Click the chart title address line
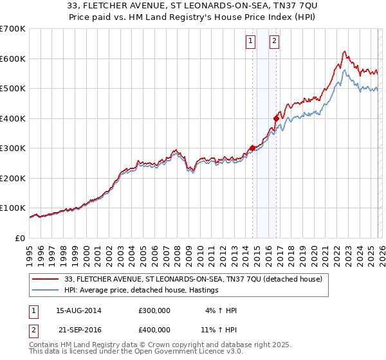[193, 6]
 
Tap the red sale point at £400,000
[276, 118]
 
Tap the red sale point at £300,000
[252, 148]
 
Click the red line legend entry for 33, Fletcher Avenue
[196, 279]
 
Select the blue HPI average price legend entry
[142, 291]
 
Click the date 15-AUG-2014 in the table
[78, 310]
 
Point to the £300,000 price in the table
[154, 310]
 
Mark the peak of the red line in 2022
[345, 51]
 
